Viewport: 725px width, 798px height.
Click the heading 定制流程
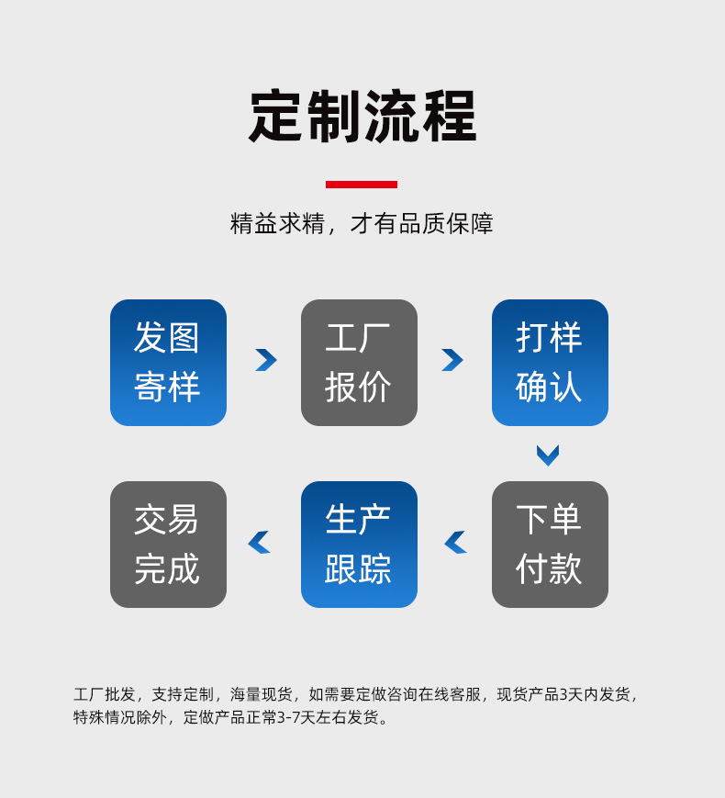(362, 118)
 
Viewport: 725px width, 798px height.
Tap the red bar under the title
(362, 185)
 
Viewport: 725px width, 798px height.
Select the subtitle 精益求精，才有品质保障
(362, 224)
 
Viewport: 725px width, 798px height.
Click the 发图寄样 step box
(168, 363)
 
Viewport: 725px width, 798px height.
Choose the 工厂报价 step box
(359, 363)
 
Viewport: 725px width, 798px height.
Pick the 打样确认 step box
(550, 363)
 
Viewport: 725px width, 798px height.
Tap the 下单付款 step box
(550, 545)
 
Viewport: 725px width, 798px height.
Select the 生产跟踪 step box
(359, 545)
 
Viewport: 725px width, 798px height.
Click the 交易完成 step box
(168, 545)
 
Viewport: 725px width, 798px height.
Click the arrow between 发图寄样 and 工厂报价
(266, 360)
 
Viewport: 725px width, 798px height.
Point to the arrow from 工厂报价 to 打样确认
(452, 360)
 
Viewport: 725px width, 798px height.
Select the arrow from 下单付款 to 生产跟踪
(455, 543)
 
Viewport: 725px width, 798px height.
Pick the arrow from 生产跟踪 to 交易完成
(259, 543)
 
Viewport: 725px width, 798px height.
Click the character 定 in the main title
(277, 118)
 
